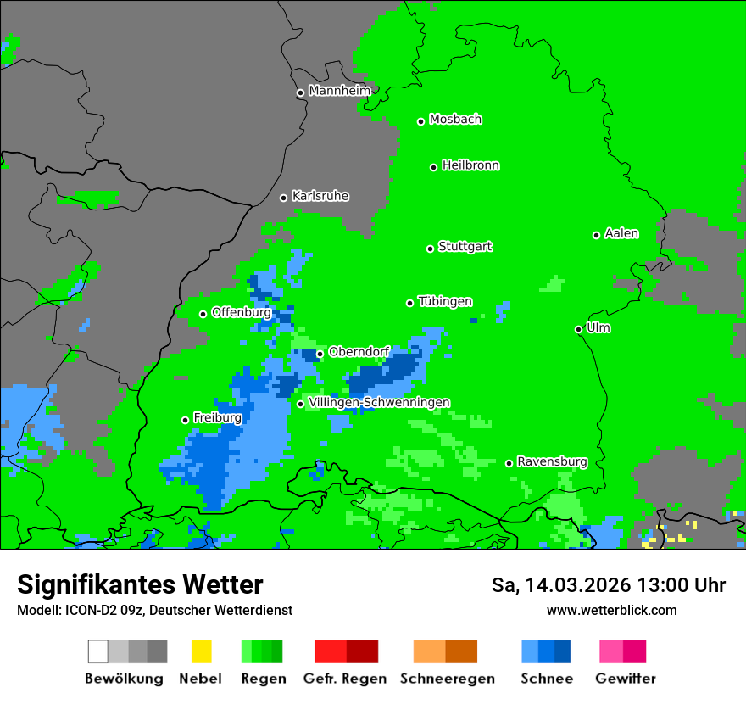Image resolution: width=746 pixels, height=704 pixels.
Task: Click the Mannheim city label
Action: tap(340, 91)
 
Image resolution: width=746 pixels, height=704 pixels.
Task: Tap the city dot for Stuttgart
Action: tap(430, 249)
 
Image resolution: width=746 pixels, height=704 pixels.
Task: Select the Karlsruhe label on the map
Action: tap(320, 196)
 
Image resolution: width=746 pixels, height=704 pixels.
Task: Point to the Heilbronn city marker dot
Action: tap(433, 167)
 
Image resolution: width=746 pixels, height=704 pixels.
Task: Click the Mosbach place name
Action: tap(455, 120)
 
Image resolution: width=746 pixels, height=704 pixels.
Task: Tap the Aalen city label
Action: tap(621, 233)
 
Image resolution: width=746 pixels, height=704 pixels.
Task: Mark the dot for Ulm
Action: tap(578, 329)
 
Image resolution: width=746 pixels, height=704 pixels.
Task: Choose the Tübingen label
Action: tap(445, 301)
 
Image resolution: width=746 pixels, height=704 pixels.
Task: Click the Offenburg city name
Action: tap(242, 312)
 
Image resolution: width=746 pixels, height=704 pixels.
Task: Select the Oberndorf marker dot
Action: tap(320, 354)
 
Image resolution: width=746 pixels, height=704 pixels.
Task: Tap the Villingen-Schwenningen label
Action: tap(379, 402)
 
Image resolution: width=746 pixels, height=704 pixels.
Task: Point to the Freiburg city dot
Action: tap(185, 420)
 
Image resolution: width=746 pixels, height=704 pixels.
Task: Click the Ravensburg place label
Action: tap(552, 461)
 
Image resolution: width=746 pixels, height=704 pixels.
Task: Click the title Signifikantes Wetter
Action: tap(140, 584)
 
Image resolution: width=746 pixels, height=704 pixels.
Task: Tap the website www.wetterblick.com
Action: tap(611, 610)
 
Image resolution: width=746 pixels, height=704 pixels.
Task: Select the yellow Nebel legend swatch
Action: tap(201, 651)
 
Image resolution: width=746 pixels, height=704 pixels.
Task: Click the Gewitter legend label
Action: tap(626, 679)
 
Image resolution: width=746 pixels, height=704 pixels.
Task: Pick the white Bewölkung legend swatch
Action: tap(97, 651)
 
